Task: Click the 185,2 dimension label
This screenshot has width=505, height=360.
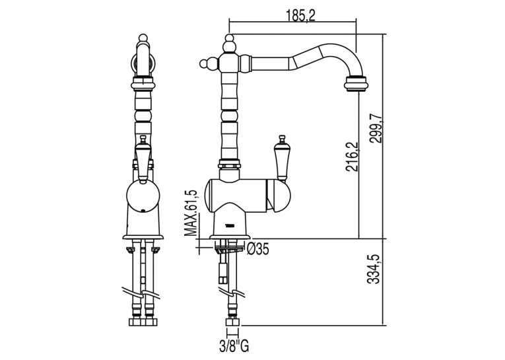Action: coord(300,15)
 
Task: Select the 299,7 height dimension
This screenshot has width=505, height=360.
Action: coord(375,125)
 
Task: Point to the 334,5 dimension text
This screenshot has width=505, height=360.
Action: coord(374,269)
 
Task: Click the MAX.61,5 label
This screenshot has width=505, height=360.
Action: coord(190,213)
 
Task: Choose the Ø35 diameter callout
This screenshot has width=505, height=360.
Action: coord(257,249)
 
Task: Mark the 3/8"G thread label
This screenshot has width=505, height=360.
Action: coord(234,347)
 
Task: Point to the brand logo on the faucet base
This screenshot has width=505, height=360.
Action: coord(230,225)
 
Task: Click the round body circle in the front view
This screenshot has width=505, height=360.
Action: coord(143,197)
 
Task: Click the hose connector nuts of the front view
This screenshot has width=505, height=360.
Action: coord(142,322)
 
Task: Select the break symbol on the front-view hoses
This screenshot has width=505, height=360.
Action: coord(142,293)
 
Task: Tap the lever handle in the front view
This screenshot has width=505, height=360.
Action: coord(142,158)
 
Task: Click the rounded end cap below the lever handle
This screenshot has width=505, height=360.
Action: coord(279,197)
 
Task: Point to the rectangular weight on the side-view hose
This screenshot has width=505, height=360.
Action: coord(223,273)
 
